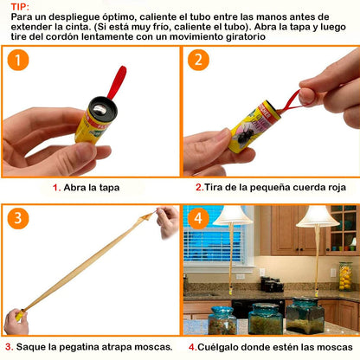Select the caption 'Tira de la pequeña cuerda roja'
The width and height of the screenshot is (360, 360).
271,186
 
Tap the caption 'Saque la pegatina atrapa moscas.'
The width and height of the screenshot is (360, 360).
90,346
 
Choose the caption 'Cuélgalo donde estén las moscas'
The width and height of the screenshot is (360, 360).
272,346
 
